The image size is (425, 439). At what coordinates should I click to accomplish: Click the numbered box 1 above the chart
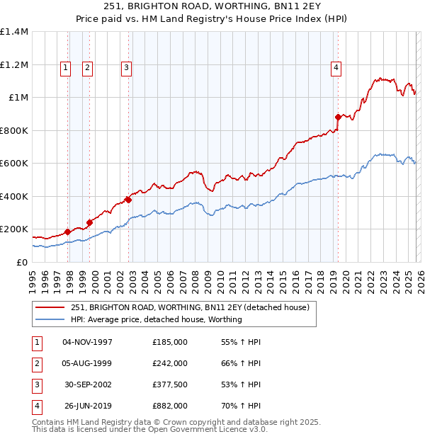click(65, 68)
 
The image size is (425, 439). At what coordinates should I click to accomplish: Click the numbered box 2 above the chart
click(87, 68)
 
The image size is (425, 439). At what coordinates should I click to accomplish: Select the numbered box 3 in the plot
click(126, 68)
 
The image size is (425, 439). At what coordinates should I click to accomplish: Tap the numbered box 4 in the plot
click(335, 68)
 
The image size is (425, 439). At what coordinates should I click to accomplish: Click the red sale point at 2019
click(339, 118)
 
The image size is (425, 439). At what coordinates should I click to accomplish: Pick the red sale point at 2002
click(129, 200)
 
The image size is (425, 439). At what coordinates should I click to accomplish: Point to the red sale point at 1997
click(68, 232)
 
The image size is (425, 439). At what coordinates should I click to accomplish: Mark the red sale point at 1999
click(90, 222)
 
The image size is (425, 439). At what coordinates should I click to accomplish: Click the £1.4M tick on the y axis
click(14, 32)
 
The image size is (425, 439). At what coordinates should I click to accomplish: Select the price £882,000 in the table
click(170, 406)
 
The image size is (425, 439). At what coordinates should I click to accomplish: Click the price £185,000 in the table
click(170, 342)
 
